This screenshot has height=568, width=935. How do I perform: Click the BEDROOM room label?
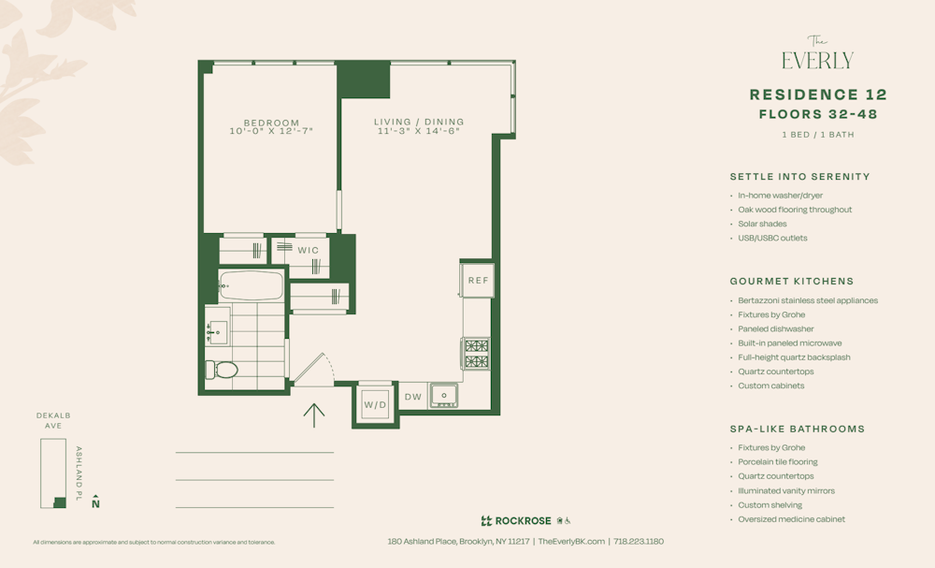(271, 123)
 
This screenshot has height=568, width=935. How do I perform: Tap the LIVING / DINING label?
(419, 122)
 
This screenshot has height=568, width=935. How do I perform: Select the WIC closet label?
(308, 250)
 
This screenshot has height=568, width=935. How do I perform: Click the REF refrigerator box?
(478, 280)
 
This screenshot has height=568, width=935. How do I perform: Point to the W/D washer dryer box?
(375, 405)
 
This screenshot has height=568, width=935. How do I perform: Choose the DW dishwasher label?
(413, 397)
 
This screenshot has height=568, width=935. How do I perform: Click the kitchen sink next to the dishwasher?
(443, 396)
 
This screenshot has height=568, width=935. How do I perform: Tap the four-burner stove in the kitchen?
(476, 354)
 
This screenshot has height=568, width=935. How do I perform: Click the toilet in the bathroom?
(223, 370)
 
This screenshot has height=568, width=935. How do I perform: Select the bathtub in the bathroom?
(251, 284)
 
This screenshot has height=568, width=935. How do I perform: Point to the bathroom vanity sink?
(218, 330)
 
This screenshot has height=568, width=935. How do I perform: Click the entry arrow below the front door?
(314, 415)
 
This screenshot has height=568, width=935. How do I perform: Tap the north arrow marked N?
(95, 502)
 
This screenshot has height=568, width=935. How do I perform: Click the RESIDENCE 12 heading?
(818, 95)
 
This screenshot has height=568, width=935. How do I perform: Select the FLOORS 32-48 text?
(818, 114)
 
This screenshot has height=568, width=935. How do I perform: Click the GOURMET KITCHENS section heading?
(791, 281)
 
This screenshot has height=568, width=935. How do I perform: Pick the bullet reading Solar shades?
(762, 224)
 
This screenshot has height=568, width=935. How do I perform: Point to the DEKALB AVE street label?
(53, 420)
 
